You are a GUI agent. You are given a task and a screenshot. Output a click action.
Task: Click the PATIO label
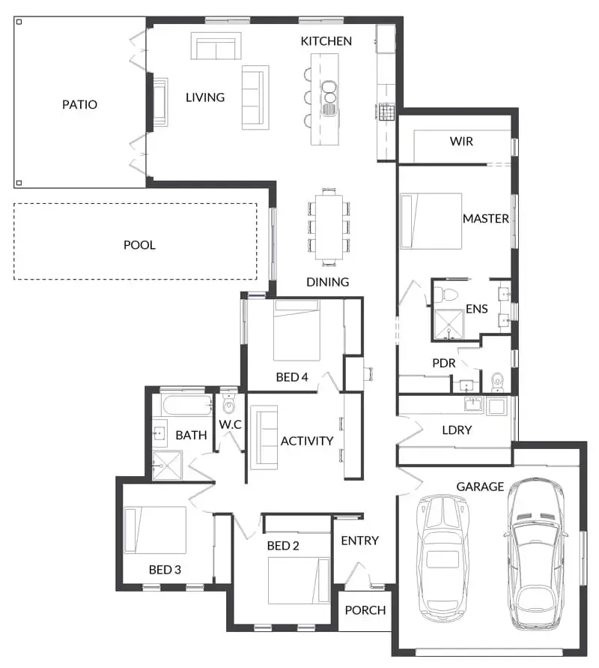(79, 104)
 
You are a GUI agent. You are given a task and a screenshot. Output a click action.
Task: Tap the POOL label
(139, 245)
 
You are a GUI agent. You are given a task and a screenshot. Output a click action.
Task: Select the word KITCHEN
(326, 41)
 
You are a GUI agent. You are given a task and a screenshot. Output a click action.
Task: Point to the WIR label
(461, 141)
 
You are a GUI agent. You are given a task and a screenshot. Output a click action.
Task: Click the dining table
(329, 226)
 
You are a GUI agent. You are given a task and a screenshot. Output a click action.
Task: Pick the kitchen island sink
(329, 98)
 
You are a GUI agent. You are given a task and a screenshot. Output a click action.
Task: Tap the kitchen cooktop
(386, 112)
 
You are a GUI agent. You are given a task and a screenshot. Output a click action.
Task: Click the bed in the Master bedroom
(431, 221)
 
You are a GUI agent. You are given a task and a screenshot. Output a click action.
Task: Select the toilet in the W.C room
(229, 405)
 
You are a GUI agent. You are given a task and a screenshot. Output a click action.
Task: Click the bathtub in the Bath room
(188, 405)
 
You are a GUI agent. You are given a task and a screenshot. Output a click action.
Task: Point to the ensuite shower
(449, 325)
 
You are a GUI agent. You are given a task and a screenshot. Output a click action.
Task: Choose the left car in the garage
(443, 558)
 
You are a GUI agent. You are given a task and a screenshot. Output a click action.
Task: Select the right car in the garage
(535, 553)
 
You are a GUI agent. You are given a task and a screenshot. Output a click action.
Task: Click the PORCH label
(365, 610)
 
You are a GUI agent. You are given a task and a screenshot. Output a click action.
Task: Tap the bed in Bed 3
(155, 530)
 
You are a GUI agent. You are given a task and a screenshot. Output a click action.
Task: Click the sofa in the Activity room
(264, 438)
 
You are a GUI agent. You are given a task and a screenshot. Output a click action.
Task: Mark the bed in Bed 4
(297, 330)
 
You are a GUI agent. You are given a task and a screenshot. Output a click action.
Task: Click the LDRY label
(457, 430)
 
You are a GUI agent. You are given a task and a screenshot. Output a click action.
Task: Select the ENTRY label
(360, 541)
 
